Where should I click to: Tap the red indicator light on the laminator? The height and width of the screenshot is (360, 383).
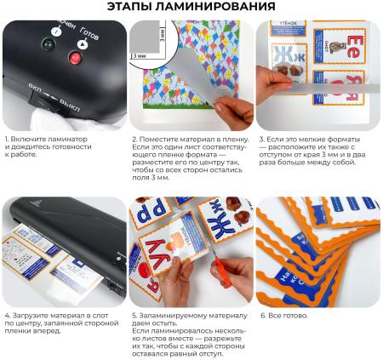[x=74, y=59]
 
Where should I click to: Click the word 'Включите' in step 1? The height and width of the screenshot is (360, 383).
[x=30, y=139]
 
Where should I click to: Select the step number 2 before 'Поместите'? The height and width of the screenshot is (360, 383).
[x=134, y=139]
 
